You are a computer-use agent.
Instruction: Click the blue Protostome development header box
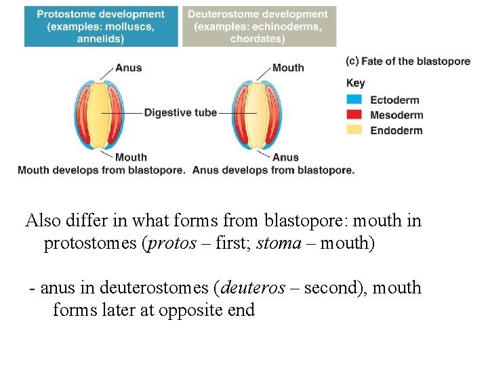[x=100, y=26]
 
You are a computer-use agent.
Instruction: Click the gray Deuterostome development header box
[x=258, y=26]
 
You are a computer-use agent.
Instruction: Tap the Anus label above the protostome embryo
[x=128, y=68]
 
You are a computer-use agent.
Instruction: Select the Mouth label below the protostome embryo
[x=131, y=157]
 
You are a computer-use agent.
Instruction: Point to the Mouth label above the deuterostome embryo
[x=288, y=68]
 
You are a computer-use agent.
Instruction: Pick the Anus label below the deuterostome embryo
[x=285, y=157]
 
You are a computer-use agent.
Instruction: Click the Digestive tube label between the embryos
[x=180, y=113]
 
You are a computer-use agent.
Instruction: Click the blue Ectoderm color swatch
[x=354, y=100]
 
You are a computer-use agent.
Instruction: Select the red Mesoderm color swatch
[x=354, y=115]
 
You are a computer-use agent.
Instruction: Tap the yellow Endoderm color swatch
[x=354, y=130]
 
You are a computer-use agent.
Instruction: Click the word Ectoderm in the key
[x=394, y=100]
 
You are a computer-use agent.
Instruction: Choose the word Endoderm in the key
[x=396, y=130]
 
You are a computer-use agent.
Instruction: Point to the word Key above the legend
[x=355, y=83]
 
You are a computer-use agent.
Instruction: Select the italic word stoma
[x=278, y=243]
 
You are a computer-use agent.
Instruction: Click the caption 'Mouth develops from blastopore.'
[x=101, y=170]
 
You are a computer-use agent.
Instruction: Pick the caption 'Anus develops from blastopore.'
[x=273, y=170]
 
